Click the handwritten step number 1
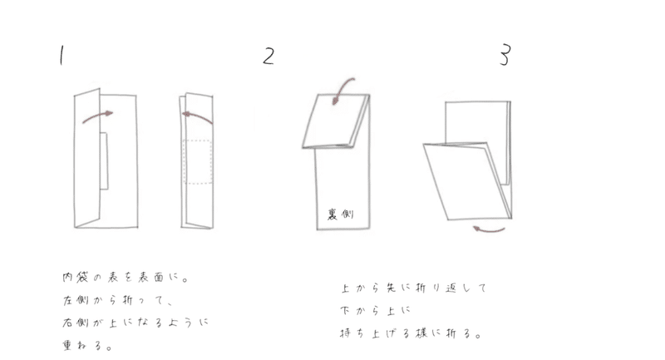pyautogui.click(x=61, y=56)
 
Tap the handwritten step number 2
pyautogui.click(x=268, y=57)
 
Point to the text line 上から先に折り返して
pyautogui.click(x=413, y=289)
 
